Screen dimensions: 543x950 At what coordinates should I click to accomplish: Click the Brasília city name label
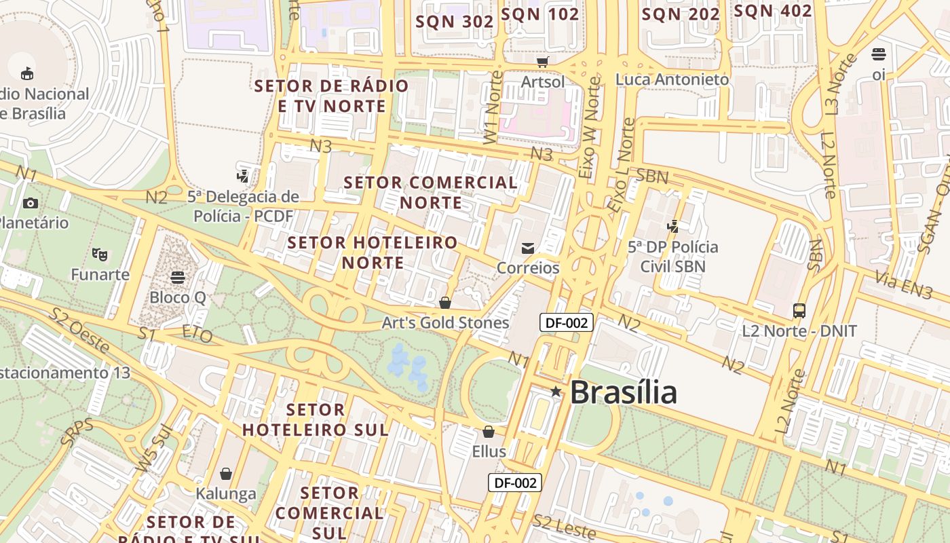click(623, 392)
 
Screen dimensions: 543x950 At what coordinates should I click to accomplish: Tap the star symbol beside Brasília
click(556, 391)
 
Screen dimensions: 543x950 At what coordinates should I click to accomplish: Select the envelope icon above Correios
click(528, 248)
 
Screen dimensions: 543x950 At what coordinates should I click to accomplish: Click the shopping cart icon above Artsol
click(542, 62)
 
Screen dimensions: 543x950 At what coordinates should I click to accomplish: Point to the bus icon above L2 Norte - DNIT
click(799, 311)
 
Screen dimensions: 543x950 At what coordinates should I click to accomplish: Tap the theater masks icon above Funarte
click(100, 255)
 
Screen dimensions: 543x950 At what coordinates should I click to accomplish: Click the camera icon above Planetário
click(30, 203)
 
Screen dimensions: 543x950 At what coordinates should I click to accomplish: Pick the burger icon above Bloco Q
click(178, 277)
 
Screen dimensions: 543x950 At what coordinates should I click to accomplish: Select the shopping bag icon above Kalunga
click(226, 473)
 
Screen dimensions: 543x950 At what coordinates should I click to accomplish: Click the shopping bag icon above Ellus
click(489, 432)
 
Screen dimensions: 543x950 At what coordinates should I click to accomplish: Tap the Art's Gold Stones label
click(445, 322)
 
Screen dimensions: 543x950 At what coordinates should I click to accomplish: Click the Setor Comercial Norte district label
click(431, 192)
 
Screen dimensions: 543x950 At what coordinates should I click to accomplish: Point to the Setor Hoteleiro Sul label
click(316, 419)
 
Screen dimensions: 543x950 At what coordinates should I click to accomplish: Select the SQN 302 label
click(454, 21)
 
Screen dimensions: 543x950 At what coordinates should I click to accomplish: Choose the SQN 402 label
click(773, 11)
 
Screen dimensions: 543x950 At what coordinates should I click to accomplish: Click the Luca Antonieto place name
click(672, 79)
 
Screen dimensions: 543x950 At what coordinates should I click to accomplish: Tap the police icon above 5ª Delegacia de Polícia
click(242, 176)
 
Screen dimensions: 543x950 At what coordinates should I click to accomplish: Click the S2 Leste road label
click(564, 526)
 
